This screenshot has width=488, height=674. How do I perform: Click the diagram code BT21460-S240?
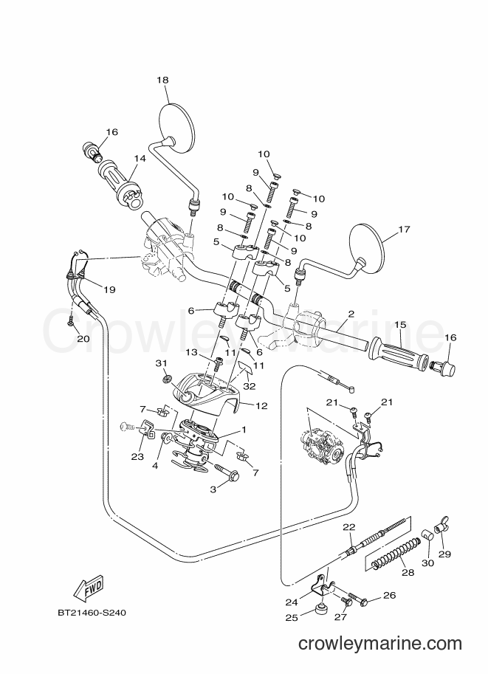click(92, 612)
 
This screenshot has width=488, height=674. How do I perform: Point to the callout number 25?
click(291, 617)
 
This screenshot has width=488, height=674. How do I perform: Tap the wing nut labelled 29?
click(441, 525)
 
